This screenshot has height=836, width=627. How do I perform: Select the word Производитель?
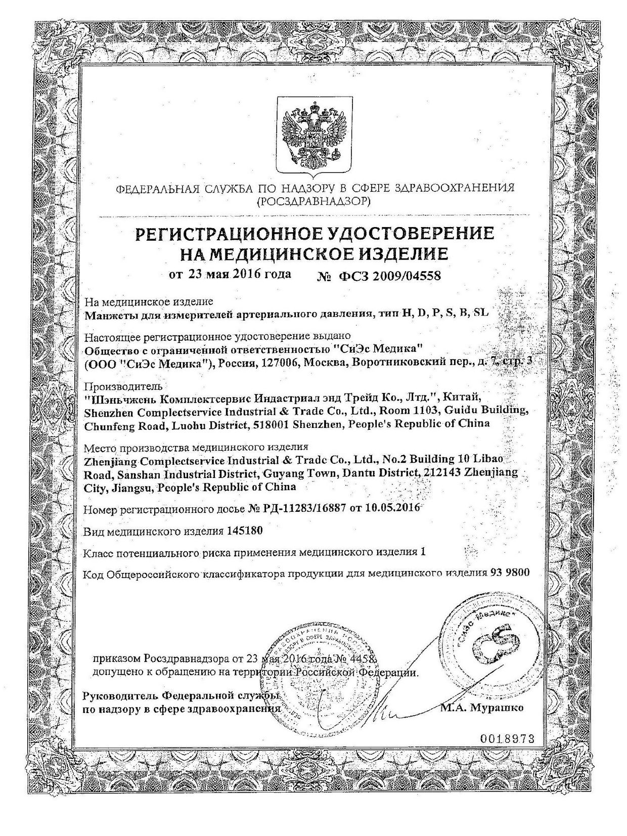pyautogui.click(x=117, y=386)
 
